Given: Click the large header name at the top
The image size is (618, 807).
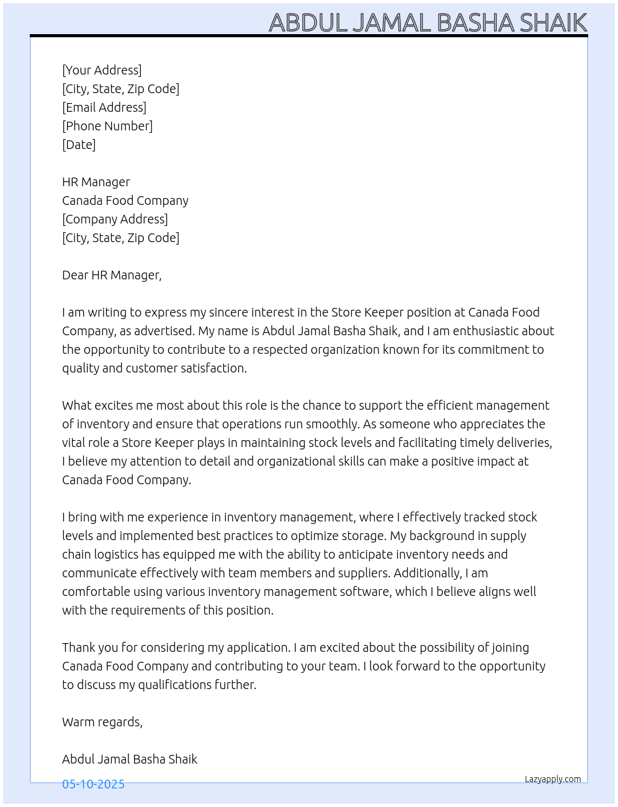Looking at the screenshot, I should tap(428, 23).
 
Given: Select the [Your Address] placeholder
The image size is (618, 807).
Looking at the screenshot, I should tap(102, 70).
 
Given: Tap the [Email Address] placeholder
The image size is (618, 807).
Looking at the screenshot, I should tap(104, 107).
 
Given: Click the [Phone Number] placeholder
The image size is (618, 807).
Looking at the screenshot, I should tap(107, 126).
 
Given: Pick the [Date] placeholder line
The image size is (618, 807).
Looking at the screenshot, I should tap(79, 145).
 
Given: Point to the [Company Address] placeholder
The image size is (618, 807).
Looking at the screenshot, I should tap(115, 219).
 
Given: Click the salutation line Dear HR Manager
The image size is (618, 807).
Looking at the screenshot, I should tap(112, 275).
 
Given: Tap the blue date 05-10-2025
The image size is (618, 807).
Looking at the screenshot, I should tap(93, 784).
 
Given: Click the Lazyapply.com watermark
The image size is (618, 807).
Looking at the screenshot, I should tap(553, 779).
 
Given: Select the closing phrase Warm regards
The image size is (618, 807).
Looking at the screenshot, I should tap(102, 722).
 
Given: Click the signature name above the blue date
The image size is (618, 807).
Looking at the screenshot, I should tap(130, 759).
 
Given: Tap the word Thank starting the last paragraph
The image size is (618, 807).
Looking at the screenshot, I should tap(79, 647).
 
